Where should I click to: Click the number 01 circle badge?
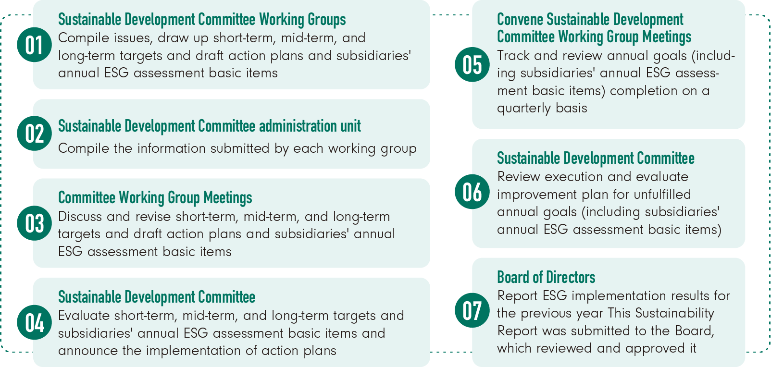pyautogui.click(x=34, y=45)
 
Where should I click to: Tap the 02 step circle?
pyautogui.click(x=34, y=134)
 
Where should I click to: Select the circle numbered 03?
pyautogui.click(x=34, y=223)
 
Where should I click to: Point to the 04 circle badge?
pyautogui.click(x=34, y=322)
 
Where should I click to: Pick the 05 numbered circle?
pyautogui.click(x=473, y=65)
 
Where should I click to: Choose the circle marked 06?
pyautogui.click(x=473, y=192)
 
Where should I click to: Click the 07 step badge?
pyautogui.click(x=473, y=310)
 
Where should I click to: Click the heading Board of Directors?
pyautogui.click(x=546, y=277)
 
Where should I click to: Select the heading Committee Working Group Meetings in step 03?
pyautogui.click(x=155, y=197)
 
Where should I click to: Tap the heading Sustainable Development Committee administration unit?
pyautogui.click(x=209, y=126)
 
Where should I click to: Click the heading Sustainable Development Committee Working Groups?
pyautogui.click(x=202, y=19)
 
